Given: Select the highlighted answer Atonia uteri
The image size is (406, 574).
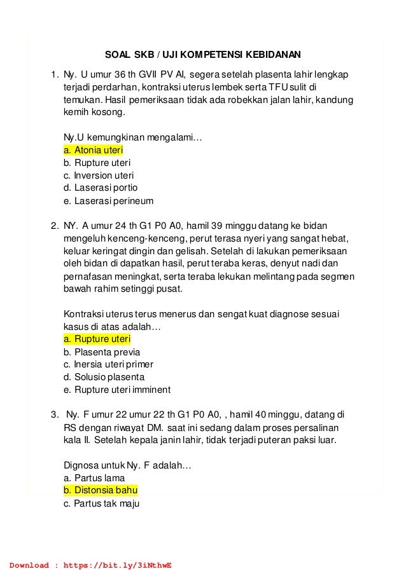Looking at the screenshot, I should [93, 151].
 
